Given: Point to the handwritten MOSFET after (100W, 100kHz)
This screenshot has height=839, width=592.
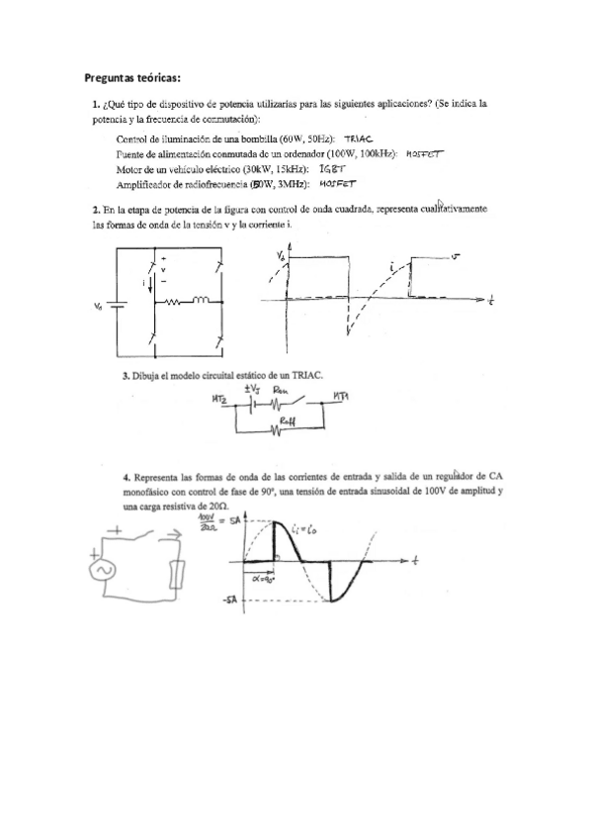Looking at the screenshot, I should (x=427, y=153).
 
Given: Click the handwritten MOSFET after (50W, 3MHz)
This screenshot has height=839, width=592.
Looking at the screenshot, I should (x=337, y=184).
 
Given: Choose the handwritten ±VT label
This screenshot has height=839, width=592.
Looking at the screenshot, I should (x=253, y=389).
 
